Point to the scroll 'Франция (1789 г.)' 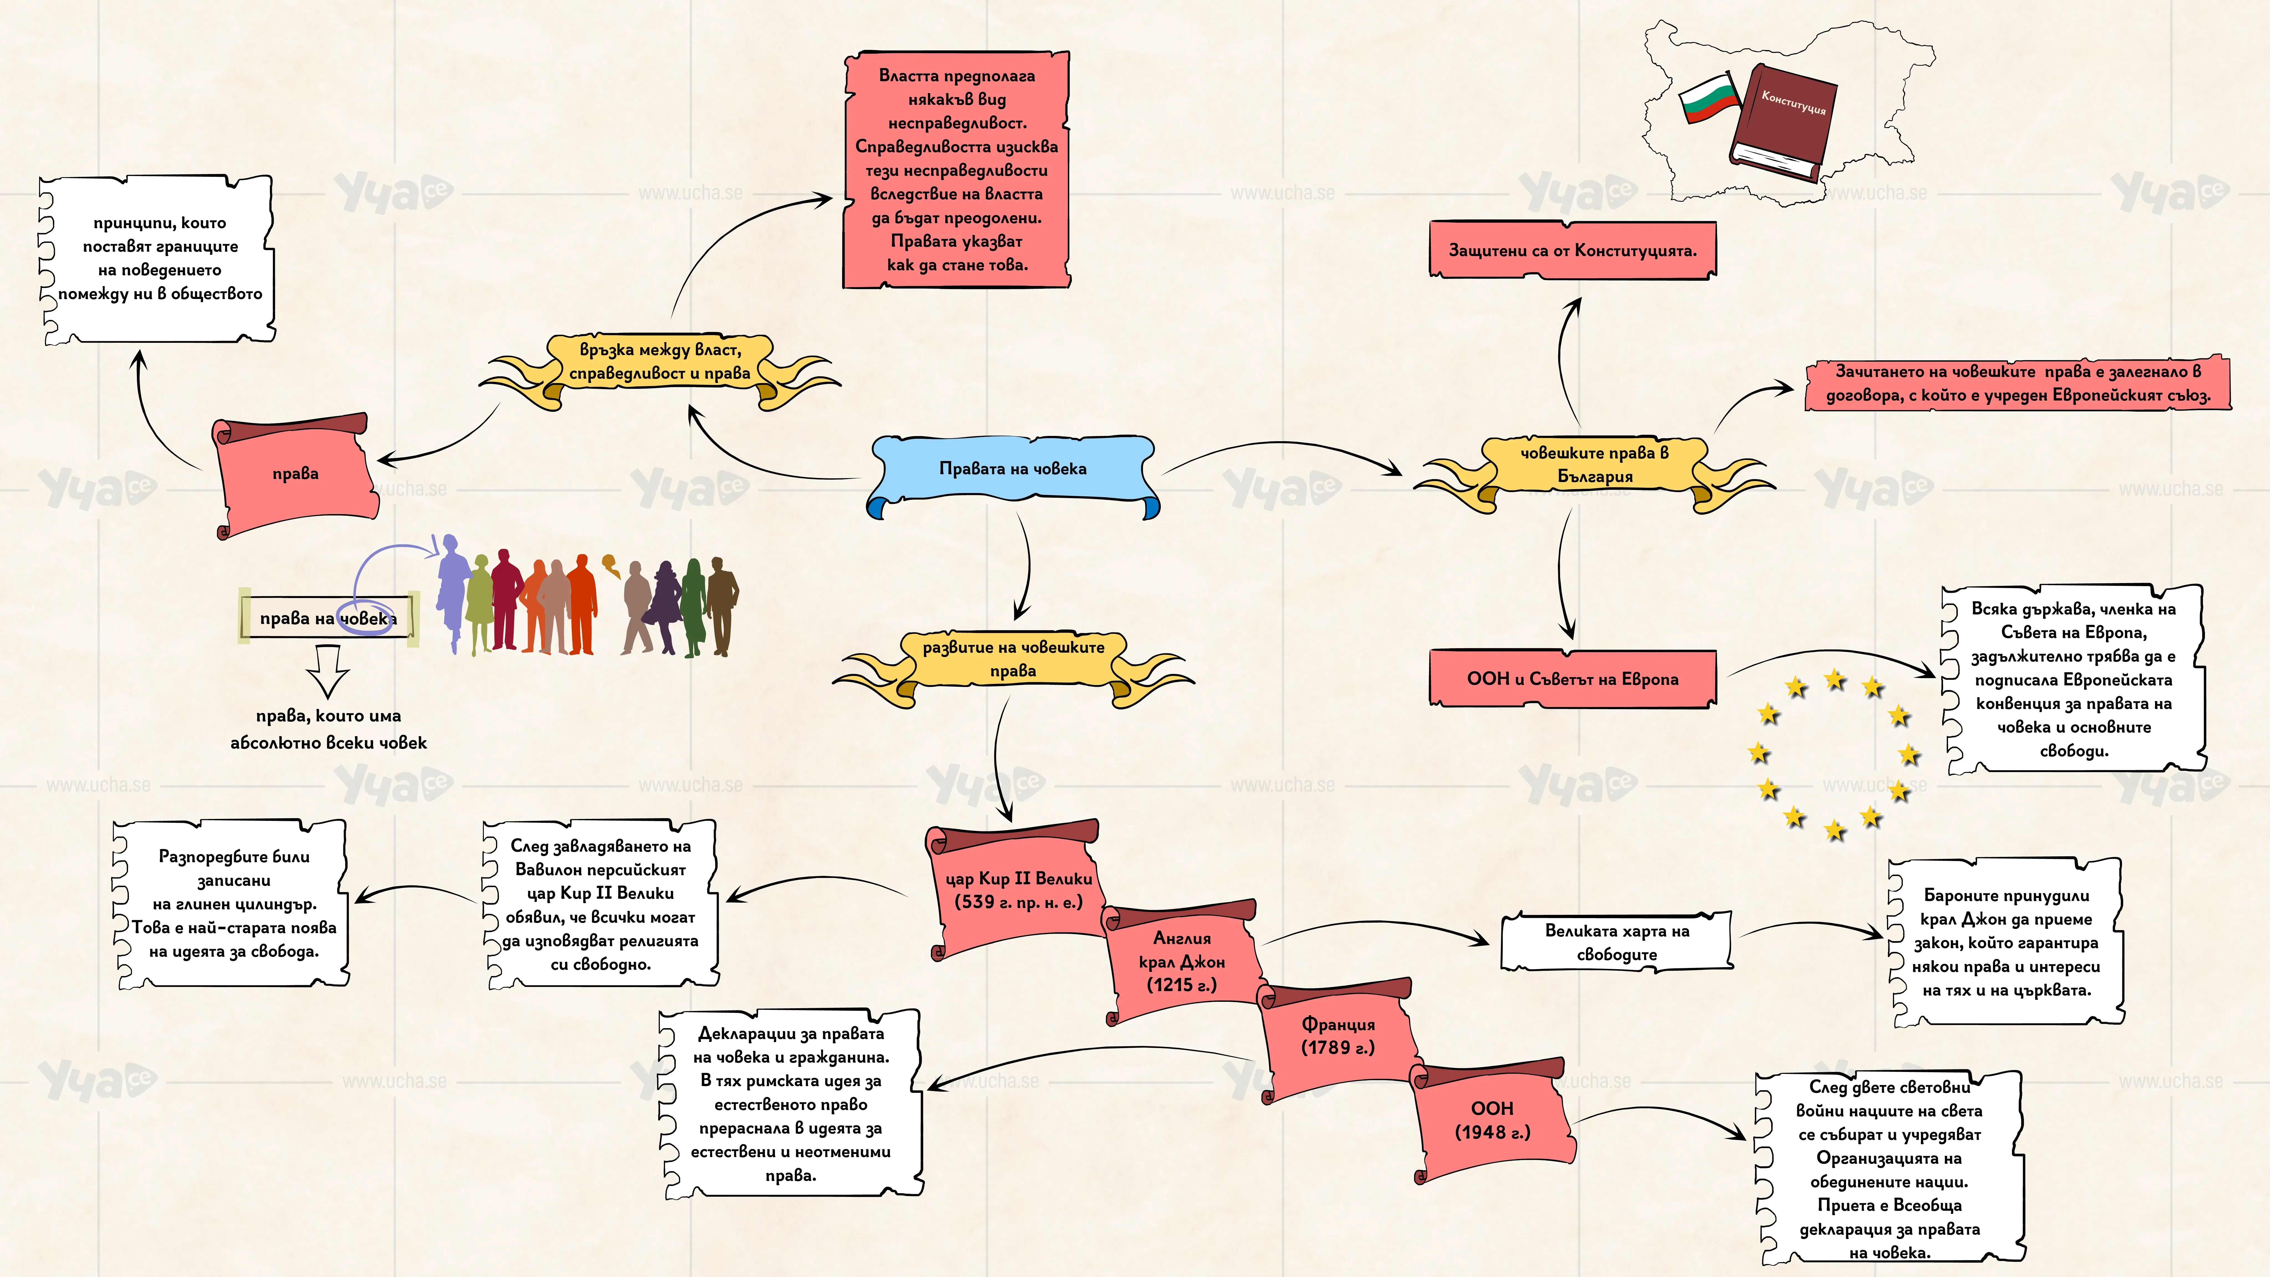click(x=1338, y=1038)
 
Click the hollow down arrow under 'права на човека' click(x=328, y=670)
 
